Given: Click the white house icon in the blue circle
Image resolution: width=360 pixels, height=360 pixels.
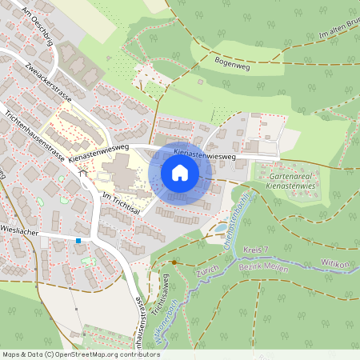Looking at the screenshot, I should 180,172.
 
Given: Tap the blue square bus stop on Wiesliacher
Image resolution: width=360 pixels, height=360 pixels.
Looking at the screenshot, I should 78,240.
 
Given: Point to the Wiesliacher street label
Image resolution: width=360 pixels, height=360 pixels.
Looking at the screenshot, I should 20,226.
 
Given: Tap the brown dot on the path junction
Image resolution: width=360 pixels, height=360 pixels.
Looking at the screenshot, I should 174,262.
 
